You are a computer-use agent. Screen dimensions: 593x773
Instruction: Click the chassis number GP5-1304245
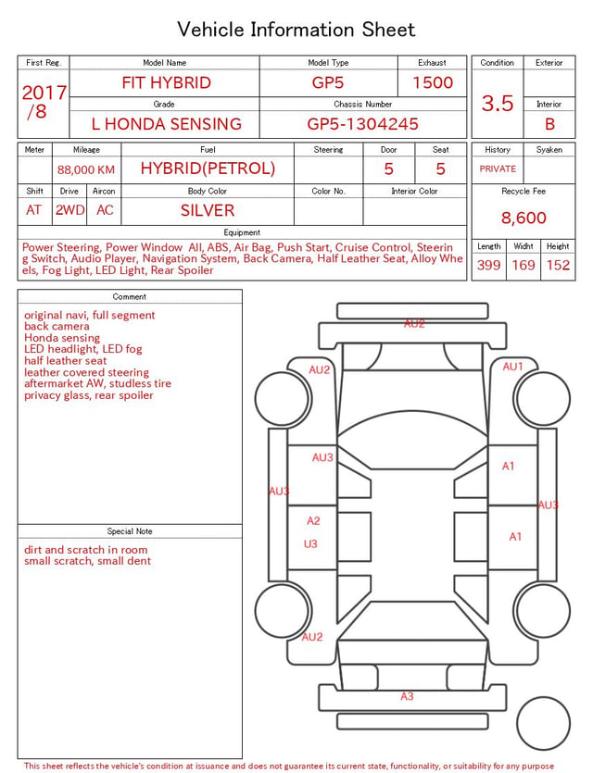pyautogui.click(x=362, y=124)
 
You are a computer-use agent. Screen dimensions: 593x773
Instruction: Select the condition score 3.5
pyautogui.click(x=498, y=103)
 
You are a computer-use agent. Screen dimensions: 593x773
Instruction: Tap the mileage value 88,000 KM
pyautogui.click(x=86, y=170)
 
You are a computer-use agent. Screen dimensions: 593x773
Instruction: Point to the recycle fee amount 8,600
pyautogui.click(x=524, y=218)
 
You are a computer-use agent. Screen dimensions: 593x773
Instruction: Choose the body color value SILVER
pyautogui.click(x=208, y=210)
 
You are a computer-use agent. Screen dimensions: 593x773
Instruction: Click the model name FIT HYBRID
pyautogui.click(x=166, y=82)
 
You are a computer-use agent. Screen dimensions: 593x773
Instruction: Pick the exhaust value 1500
pyautogui.click(x=433, y=82)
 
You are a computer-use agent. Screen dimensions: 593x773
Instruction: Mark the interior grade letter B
pyautogui.click(x=549, y=124)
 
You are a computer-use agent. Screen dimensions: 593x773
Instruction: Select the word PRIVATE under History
pyautogui.click(x=498, y=168)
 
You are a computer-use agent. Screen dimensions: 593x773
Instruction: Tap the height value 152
pyautogui.click(x=558, y=265)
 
